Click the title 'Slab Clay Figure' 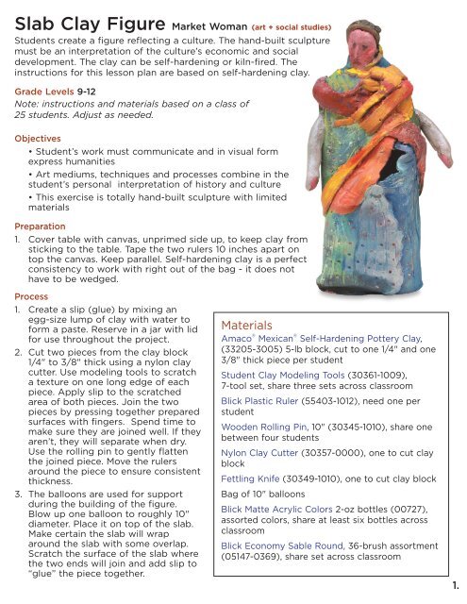85,19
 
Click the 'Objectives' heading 38,163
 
